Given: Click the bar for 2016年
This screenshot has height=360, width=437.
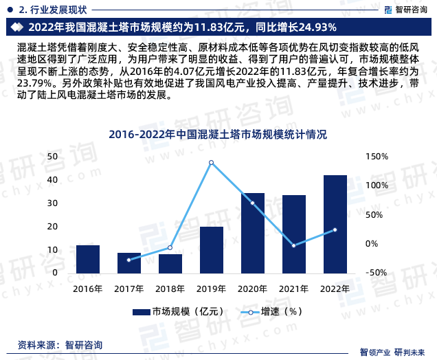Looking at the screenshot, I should click(x=88, y=259).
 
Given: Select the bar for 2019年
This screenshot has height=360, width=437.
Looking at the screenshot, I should click(x=211, y=250).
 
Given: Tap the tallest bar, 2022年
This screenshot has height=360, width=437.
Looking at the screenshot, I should click(x=335, y=225).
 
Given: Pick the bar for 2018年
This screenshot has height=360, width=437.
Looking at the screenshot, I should click(x=170, y=264).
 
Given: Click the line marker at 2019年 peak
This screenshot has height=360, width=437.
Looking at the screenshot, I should click(x=211, y=163).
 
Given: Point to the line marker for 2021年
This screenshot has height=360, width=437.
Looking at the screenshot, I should click(x=293, y=245).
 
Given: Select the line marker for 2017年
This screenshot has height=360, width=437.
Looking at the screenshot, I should click(x=128, y=260).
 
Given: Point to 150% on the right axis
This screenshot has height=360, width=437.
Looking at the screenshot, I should click(x=377, y=157).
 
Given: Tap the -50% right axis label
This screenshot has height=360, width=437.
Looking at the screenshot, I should click(x=377, y=273).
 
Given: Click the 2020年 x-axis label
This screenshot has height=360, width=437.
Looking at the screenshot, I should click(x=252, y=289).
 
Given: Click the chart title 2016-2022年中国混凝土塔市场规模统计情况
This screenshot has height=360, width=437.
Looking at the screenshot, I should click(x=218, y=134).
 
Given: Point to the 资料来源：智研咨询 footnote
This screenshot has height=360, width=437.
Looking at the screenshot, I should click(x=60, y=344).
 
